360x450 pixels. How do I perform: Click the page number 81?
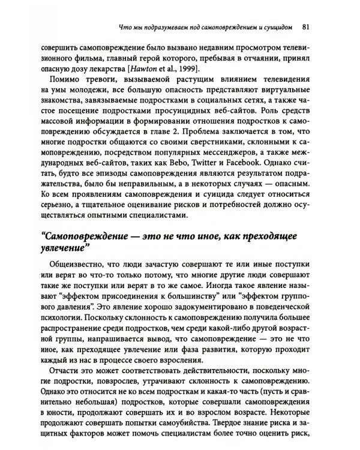(306, 26)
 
